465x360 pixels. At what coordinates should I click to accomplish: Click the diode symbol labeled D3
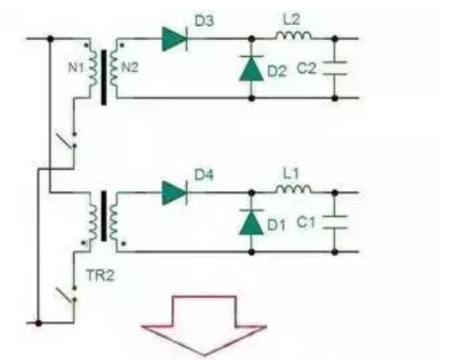pyautogui.click(x=174, y=39)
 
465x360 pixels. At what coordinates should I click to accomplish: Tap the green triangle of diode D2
pyautogui.click(x=251, y=69)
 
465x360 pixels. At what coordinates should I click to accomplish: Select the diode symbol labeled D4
pyautogui.click(x=174, y=193)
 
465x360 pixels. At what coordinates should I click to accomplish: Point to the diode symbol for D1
pyautogui.click(x=251, y=223)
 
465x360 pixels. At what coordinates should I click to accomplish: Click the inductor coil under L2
pyautogui.click(x=293, y=35)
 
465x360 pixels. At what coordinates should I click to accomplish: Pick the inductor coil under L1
pyautogui.click(x=293, y=190)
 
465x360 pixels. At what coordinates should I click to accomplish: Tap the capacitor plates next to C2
pyautogui.click(x=334, y=68)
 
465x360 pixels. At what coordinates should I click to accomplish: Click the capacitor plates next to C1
pyautogui.click(x=334, y=222)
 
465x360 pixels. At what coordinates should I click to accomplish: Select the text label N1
pyautogui.click(x=75, y=68)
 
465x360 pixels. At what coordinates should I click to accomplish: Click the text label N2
pyautogui.click(x=130, y=68)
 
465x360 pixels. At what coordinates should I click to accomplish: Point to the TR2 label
pyautogui.click(x=100, y=275)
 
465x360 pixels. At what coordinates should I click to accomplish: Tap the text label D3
pyautogui.click(x=204, y=21)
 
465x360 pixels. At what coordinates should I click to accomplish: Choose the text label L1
pyautogui.click(x=291, y=173)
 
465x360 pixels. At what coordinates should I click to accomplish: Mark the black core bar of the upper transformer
pyautogui.click(x=104, y=77)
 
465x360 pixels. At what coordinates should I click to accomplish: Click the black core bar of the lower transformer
pyautogui.click(x=104, y=216)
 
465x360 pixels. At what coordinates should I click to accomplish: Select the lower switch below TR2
pyautogui.click(x=69, y=294)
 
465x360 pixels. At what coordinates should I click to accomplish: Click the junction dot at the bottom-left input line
pyautogui.click(x=39, y=323)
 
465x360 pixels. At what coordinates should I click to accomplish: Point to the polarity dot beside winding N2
pyautogui.click(x=121, y=45)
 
